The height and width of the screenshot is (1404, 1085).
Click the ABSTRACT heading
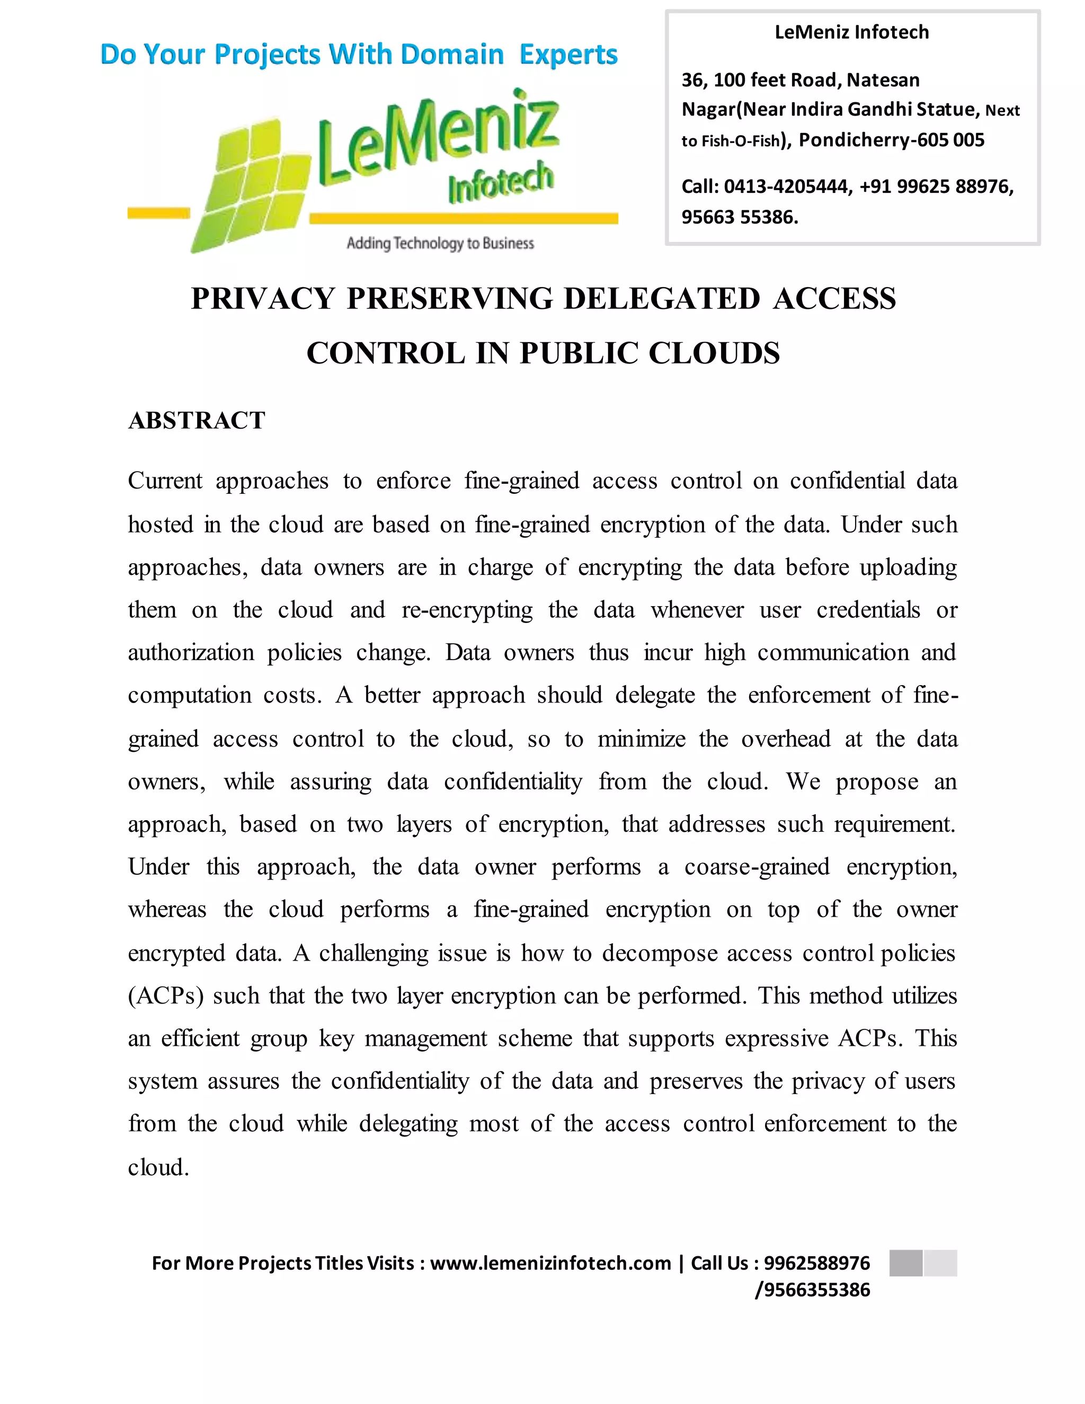tap(196, 421)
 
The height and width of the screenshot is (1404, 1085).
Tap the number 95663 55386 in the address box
tap(739, 217)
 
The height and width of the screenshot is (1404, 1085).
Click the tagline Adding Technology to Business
tap(440, 243)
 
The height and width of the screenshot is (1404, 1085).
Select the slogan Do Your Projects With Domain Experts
tap(359, 55)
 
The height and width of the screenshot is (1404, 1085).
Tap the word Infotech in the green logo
tap(500, 181)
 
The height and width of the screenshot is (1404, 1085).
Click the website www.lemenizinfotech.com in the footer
tap(550, 1263)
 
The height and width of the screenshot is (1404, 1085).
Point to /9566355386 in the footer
tap(813, 1290)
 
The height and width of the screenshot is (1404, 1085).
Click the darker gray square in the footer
tap(905, 1263)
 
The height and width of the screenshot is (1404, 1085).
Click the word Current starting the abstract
tap(165, 481)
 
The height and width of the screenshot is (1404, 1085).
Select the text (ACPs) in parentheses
tap(165, 996)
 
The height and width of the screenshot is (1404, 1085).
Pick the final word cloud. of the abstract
tap(158, 1167)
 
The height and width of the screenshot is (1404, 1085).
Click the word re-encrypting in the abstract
tap(467, 609)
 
